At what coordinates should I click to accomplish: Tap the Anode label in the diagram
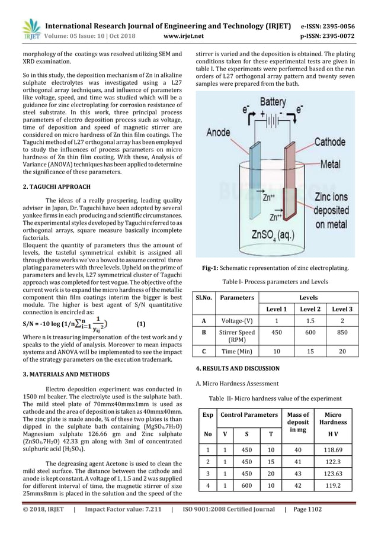point(219,133)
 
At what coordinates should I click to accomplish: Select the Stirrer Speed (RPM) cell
point(236,336)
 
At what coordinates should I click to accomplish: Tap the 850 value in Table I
point(342,332)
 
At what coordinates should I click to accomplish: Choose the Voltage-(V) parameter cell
point(236,321)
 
